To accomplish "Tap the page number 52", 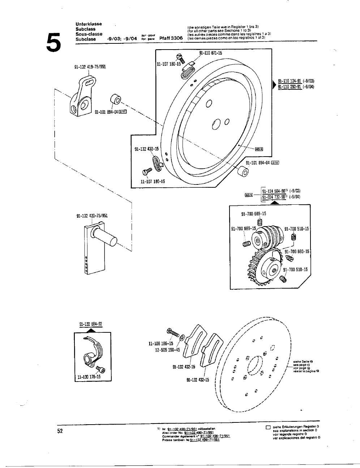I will [x=60, y=431].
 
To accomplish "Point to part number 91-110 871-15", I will [x=210, y=53].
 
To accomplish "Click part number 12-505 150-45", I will [x=167, y=350].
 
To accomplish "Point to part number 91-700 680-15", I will [x=297, y=252].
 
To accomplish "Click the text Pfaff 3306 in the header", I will [x=171, y=38].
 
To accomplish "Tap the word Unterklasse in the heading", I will [x=89, y=24].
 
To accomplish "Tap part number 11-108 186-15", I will [x=161, y=344].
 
